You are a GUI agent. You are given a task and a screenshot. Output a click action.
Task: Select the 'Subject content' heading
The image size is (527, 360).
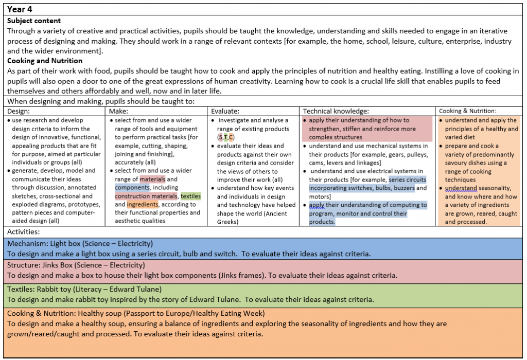[x=34, y=21]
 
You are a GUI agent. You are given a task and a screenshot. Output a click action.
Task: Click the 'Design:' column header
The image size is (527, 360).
[x=19, y=111]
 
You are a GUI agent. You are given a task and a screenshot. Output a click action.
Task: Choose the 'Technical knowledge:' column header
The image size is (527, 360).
[x=336, y=111]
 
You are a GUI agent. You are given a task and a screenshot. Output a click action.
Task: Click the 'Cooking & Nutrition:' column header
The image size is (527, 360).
[x=467, y=111]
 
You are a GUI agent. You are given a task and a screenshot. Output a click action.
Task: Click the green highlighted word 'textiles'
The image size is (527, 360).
[x=190, y=196]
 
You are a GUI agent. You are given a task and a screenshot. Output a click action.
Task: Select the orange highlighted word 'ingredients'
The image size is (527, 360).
[x=143, y=205]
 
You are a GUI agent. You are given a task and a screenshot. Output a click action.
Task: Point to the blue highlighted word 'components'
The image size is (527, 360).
[x=132, y=188]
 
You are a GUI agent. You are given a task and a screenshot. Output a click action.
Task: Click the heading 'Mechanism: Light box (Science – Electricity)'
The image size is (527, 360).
[x=80, y=243]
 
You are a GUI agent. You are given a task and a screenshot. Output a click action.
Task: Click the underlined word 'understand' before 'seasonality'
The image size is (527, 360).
[x=461, y=188]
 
